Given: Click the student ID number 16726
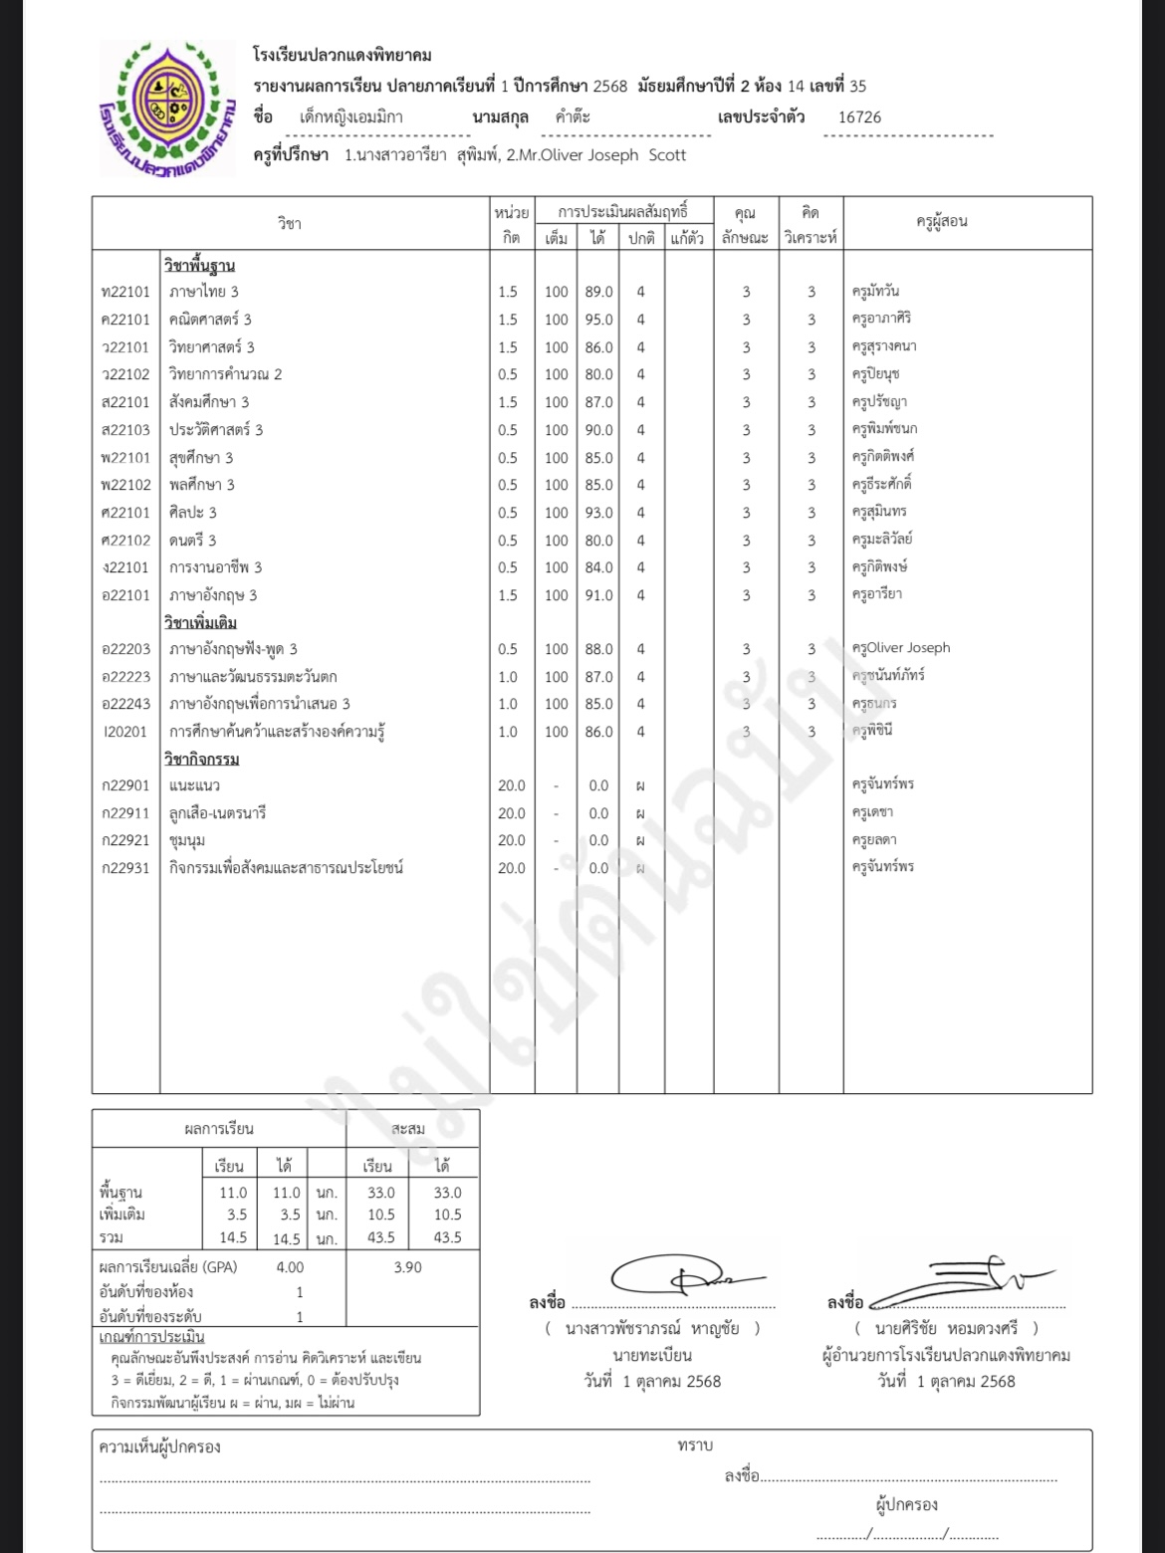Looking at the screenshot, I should pos(859,116).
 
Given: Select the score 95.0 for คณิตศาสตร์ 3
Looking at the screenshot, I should pos(598,320).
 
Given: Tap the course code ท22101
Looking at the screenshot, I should pos(125,292).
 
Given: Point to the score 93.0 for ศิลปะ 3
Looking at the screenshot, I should pos(598,513).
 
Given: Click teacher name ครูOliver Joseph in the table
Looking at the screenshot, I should pos(901,648).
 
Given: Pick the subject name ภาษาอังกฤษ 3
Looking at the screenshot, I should pos(213,595).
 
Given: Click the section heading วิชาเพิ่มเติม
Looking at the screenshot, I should pos(200,623).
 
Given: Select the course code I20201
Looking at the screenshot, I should pos(125,732).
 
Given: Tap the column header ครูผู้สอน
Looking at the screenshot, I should pos(941,222).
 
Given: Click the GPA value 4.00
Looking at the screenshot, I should pos(290,1267).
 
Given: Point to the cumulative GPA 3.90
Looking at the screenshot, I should pos(407,1267).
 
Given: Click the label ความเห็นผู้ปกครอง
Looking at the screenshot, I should pos(159,1446).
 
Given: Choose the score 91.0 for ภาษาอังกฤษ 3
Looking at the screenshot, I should pos(598,595).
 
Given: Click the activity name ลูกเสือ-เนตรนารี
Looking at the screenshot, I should pos(217,813).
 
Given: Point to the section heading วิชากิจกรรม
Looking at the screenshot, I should pos(201,760).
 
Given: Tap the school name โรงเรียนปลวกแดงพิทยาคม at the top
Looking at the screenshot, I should pos(343,56).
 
